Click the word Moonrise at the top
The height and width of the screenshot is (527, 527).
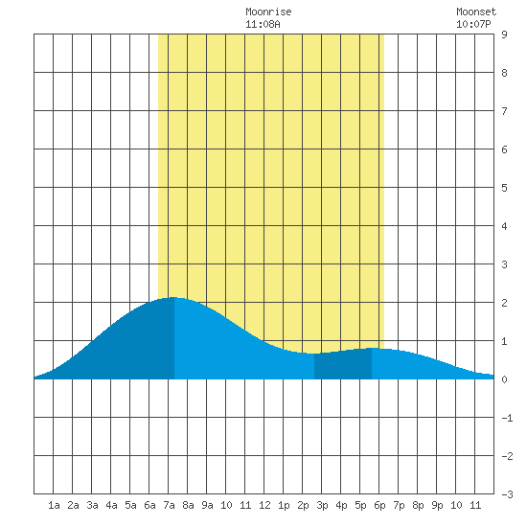point(268,11)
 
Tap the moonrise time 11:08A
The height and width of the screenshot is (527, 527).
point(263,24)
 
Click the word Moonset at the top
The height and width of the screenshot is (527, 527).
point(476,11)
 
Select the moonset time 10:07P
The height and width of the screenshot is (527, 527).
point(473,24)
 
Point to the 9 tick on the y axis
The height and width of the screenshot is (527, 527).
point(504,34)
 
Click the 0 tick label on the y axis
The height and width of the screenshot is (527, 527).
point(504,379)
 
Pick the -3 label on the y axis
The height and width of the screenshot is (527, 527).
point(507,494)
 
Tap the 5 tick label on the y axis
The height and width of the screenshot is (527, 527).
point(504,188)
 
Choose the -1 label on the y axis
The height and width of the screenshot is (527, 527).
point(507,418)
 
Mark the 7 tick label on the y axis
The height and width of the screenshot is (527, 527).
point(504,111)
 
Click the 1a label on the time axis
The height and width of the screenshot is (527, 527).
point(54,505)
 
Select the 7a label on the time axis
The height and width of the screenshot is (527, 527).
point(169,505)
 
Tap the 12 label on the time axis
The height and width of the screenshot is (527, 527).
point(264,505)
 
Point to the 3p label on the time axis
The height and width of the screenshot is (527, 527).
point(322,505)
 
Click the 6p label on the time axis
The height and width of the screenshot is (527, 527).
point(379,505)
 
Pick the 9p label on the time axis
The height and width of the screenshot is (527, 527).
point(437,505)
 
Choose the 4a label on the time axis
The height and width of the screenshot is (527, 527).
point(111,505)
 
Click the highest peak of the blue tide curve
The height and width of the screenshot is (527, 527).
point(173,297)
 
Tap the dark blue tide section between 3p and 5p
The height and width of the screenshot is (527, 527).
point(343,366)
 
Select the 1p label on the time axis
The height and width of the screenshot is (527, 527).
point(284,505)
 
